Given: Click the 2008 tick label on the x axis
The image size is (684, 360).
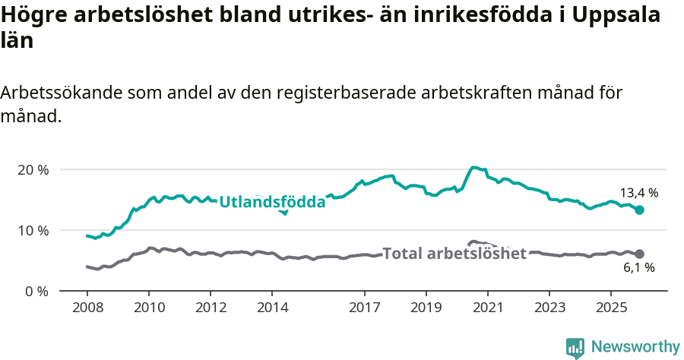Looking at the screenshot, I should [87, 309].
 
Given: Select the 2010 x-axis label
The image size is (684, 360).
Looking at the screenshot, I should [148, 309].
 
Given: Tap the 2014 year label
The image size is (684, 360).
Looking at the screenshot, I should [272, 309].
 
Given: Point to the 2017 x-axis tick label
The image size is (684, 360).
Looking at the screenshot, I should [364, 309].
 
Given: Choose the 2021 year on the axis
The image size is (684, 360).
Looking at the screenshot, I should [487, 309].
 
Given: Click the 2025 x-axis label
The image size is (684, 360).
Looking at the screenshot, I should [610, 309].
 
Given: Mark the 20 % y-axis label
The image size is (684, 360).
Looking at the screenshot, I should [33, 169].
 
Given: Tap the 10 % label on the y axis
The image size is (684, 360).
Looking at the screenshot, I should [33, 230].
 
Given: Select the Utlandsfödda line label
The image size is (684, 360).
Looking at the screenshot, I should [272, 202].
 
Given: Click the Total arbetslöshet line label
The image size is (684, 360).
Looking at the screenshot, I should [454, 254].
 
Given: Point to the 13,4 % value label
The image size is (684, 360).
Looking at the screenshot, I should [638, 193].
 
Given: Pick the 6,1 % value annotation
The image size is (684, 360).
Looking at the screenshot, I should [638, 267].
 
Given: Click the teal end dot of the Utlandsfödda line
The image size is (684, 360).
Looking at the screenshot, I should [639, 210].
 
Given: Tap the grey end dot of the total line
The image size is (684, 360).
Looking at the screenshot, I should [639, 254].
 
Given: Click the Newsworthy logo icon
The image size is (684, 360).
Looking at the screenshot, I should [575, 347].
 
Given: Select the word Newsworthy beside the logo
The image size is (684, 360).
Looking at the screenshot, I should [635, 346].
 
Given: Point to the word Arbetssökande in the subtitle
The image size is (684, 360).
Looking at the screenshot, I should [61, 93].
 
